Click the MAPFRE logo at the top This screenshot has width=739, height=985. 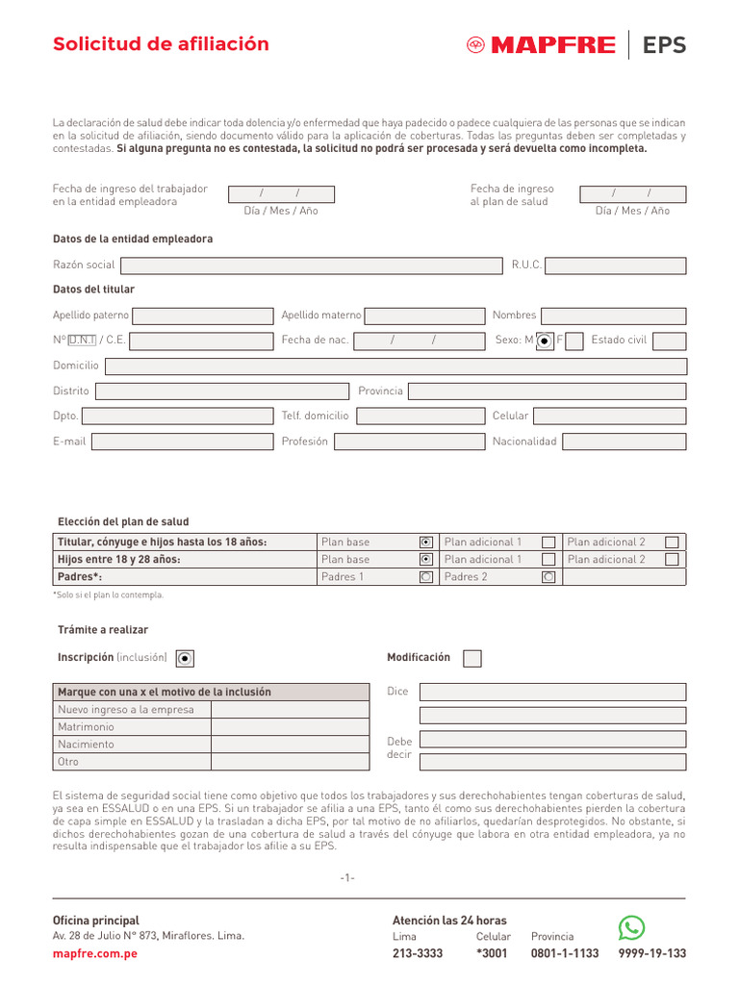(541, 45)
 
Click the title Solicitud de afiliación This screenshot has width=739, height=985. (161, 44)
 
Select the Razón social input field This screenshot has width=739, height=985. (310, 265)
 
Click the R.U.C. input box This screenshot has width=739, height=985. (615, 265)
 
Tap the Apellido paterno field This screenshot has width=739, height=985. (202, 316)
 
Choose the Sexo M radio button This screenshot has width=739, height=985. (545, 341)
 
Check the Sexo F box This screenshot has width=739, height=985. (574, 341)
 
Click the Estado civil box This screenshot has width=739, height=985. (669, 341)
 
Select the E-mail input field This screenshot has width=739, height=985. (182, 442)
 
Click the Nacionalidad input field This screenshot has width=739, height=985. (624, 442)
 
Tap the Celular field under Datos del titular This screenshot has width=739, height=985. (609, 416)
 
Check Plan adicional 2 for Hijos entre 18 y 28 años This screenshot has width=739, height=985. (672, 559)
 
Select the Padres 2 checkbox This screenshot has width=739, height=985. (548, 577)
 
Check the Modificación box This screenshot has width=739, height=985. (472, 658)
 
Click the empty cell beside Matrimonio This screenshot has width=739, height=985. (290, 727)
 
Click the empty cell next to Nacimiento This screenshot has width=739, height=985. (290, 745)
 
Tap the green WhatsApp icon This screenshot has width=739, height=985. (631, 927)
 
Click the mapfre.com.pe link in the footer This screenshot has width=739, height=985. (94, 953)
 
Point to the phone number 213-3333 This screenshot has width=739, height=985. (418, 953)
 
